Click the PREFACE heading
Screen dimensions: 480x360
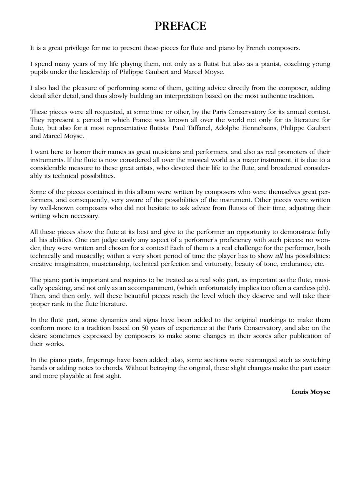pyautogui.click(x=180, y=26)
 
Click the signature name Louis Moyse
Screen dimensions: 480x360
pyautogui.click(x=310, y=392)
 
